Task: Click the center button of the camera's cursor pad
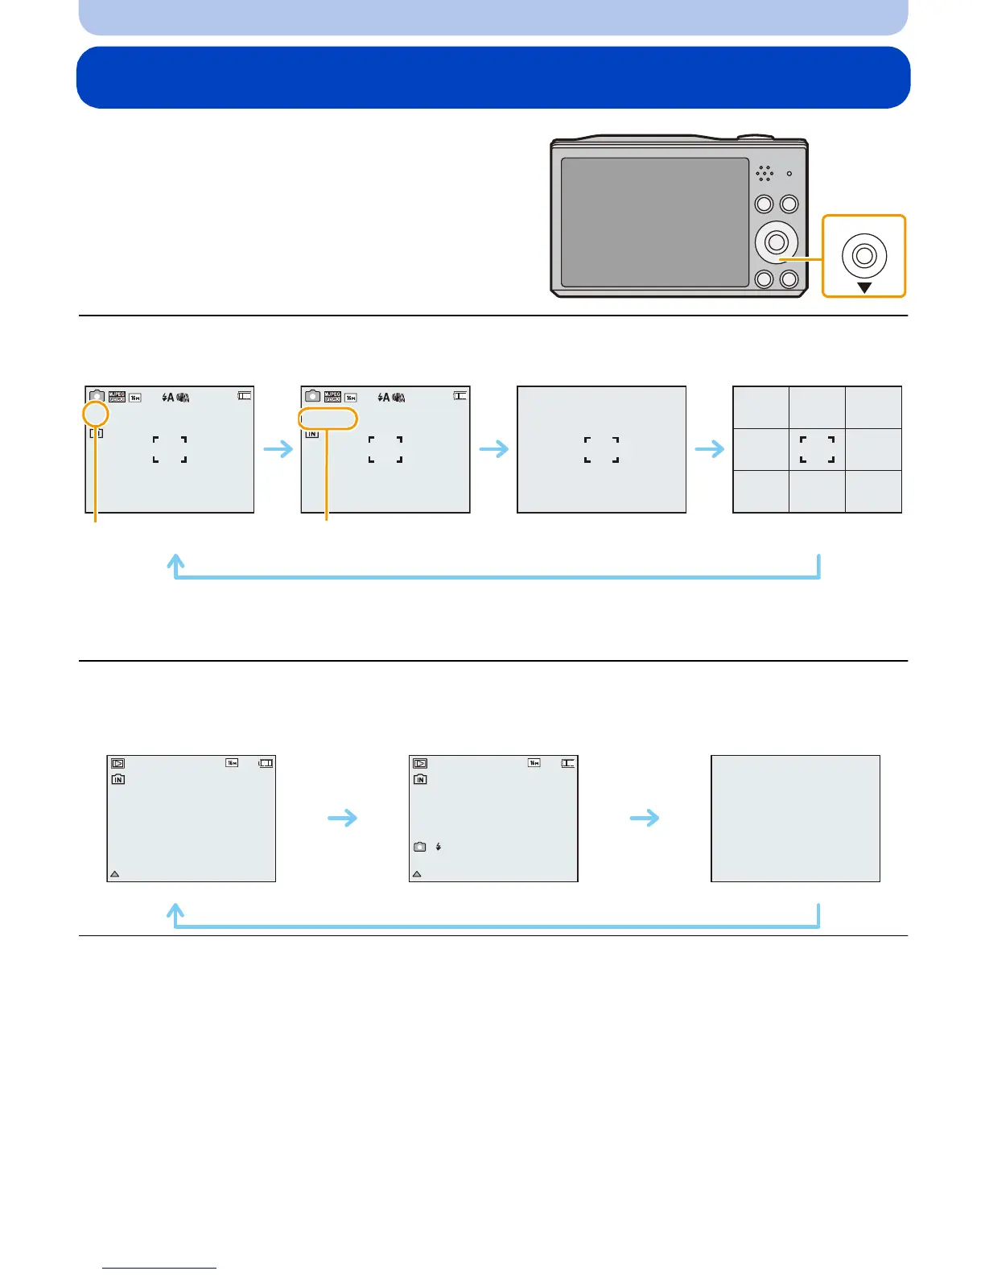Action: click(777, 241)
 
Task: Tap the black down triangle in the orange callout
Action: click(864, 287)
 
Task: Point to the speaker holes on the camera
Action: click(765, 173)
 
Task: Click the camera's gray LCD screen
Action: click(654, 222)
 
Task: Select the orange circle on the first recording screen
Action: click(96, 415)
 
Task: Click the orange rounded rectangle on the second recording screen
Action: click(328, 419)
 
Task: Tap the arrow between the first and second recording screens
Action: click(278, 448)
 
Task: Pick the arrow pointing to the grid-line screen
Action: click(709, 448)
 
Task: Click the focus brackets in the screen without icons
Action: click(601, 449)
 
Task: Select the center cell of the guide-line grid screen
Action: click(817, 449)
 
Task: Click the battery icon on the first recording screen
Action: click(245, 395)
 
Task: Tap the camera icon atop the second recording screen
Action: click(312, 397)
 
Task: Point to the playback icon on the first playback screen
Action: click(118, 763)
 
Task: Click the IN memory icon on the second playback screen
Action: click(420, 779)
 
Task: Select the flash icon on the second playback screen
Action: click(439, 847)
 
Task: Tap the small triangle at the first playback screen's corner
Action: click(114, 873)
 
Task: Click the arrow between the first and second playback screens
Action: click(343, 819)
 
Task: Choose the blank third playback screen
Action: click(795, 819)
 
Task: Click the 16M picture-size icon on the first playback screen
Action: click(232, 762)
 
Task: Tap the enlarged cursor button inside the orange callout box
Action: click(864, 256)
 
